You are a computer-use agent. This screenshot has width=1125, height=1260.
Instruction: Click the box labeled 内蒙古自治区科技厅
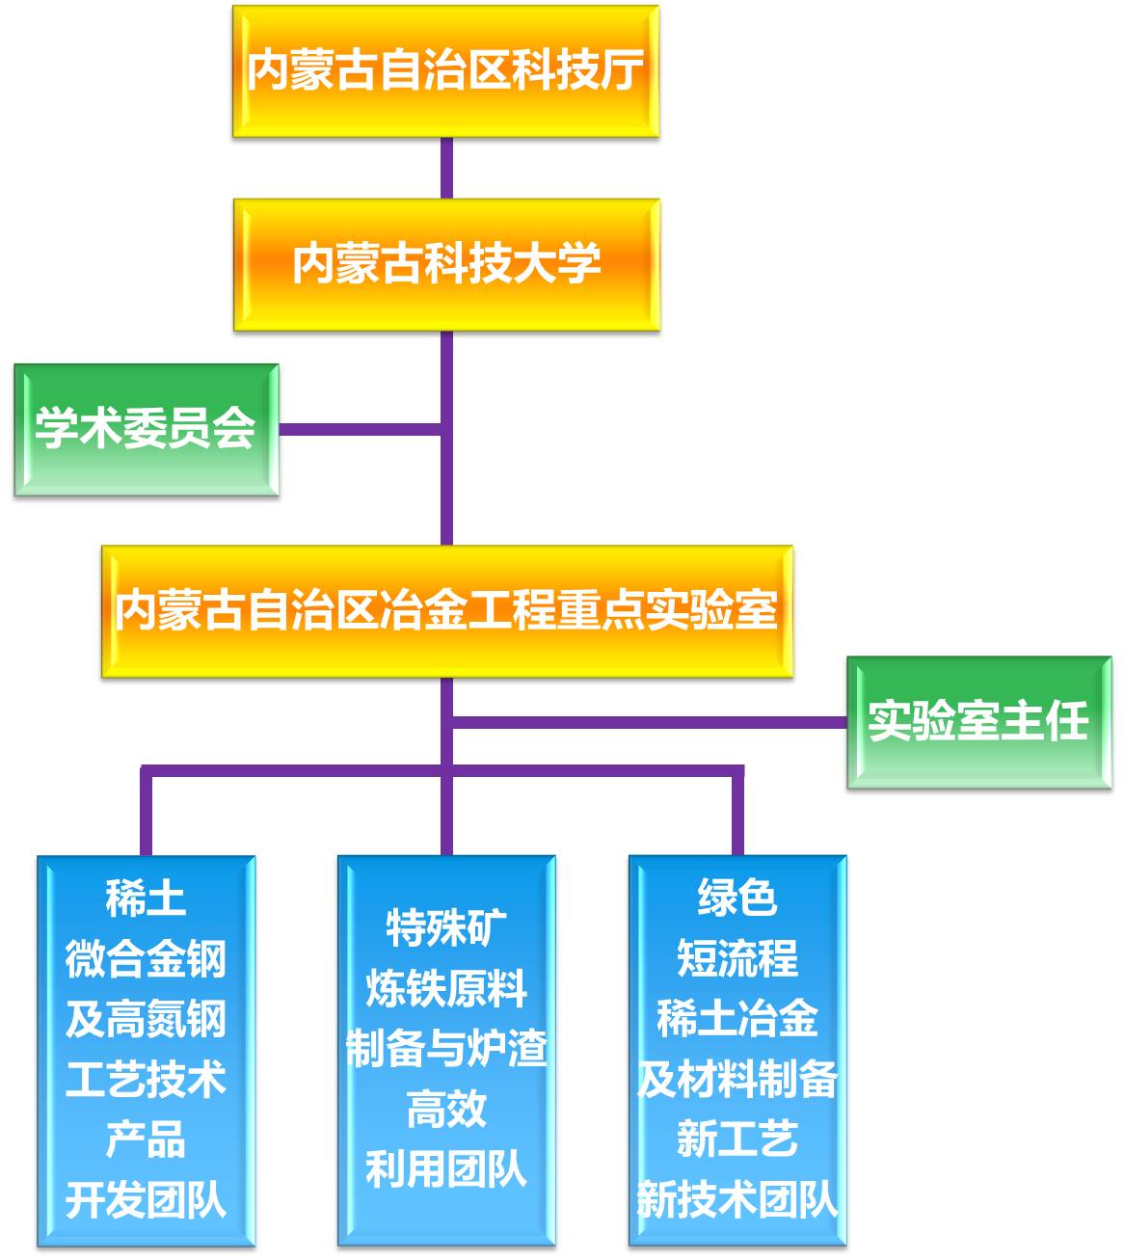click(x=445, y=71)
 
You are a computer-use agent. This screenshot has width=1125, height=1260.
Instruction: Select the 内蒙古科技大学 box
click(x=446, y=264)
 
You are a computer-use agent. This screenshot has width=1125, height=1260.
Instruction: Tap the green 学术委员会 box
click(x=146, y=429)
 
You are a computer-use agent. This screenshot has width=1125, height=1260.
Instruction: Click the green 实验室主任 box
click(x=978, y=722)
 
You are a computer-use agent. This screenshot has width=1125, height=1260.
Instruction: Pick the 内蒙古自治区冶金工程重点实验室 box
click(x=446, y=611)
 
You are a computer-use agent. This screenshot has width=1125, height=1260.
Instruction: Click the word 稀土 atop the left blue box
click(x=146, y=898)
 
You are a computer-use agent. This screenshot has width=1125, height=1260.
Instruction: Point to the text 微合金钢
click(x=146, y=959)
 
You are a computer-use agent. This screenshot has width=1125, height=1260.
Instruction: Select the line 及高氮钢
click(x=146, y=1019)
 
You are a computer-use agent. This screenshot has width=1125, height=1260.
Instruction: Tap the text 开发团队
click(x=146, y=1200)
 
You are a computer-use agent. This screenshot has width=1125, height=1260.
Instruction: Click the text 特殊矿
click(x=446, y=928)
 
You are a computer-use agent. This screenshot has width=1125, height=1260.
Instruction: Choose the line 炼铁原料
click(x=446, y=989)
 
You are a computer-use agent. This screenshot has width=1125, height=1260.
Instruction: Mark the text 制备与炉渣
click(x=446, y=1049)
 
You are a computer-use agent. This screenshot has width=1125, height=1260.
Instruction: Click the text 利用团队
click(x=446, y=1169)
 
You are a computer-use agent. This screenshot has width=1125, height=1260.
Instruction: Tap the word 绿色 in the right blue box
click(x=737, y=898)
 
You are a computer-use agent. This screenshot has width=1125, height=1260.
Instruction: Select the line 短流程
click(x=737, y=959)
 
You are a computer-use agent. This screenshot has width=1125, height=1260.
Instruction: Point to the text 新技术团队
click(x=737, y=1200)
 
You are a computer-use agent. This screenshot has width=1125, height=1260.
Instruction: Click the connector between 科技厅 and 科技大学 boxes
click(x=446, y=168)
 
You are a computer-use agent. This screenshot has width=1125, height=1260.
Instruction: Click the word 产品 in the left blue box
click(x=146, y=1139)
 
